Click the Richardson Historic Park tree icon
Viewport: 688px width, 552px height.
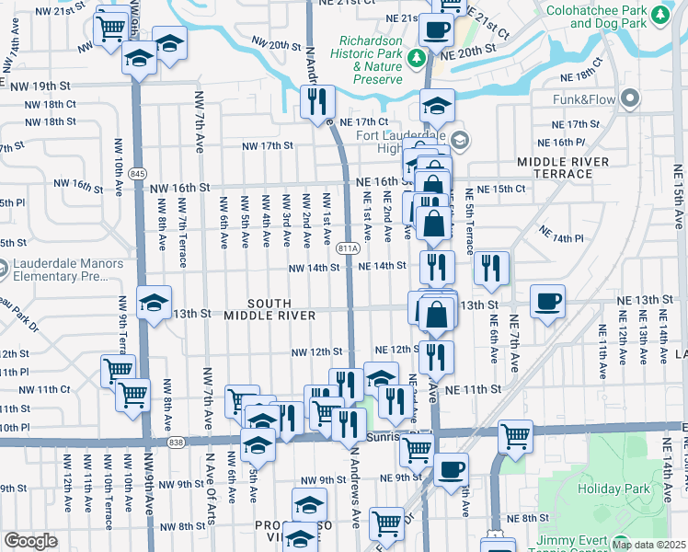click(x=417, y=59)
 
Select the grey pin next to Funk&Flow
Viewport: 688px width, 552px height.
click(x=630, y=98)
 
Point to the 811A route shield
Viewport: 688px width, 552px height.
click(x=348, y=248)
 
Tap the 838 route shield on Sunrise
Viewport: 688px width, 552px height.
click(x=175, y=443)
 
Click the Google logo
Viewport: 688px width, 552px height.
click(x=30, y=541)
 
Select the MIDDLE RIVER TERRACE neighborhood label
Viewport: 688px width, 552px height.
click(x=563, y=167)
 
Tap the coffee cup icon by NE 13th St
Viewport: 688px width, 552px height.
click(x=547, y=301)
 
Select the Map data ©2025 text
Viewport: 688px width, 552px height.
click(x=648, y=545)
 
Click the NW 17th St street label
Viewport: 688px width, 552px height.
click(x=267, y=145)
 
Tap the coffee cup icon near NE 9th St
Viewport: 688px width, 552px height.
click(x=451, y=468)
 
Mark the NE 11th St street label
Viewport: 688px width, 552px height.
click(x=473, y=390)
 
